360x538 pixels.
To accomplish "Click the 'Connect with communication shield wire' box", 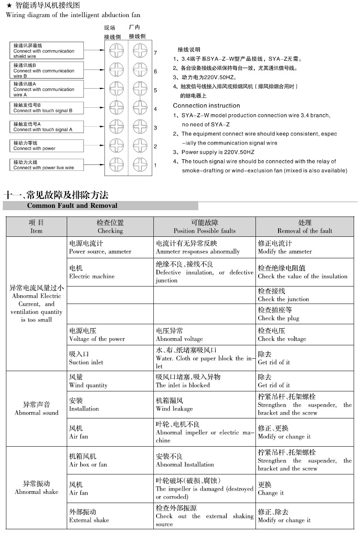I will click(47, 51).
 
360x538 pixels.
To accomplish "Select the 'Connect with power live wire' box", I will click(47, 165).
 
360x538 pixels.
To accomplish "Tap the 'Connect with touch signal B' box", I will click(47, 108).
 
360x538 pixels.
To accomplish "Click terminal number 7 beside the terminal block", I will click(155, 53).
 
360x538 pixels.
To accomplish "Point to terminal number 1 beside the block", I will click(155, 165).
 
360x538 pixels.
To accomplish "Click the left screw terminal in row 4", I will click(116, 107).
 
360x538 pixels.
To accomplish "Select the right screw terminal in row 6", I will click(140, 70).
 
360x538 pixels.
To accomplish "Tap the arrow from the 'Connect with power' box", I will click(94, 146).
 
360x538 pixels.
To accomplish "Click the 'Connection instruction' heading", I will click(206, 106).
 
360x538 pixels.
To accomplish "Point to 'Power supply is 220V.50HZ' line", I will click(218, 152).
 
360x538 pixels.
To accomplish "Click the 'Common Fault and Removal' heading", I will click(72, 206).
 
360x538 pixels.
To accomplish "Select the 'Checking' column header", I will click(110, 227).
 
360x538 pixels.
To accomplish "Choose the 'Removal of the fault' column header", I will click(304, 227).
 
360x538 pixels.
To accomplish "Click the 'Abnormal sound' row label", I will click(37, 408).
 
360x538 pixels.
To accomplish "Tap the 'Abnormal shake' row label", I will click(37, 488).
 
